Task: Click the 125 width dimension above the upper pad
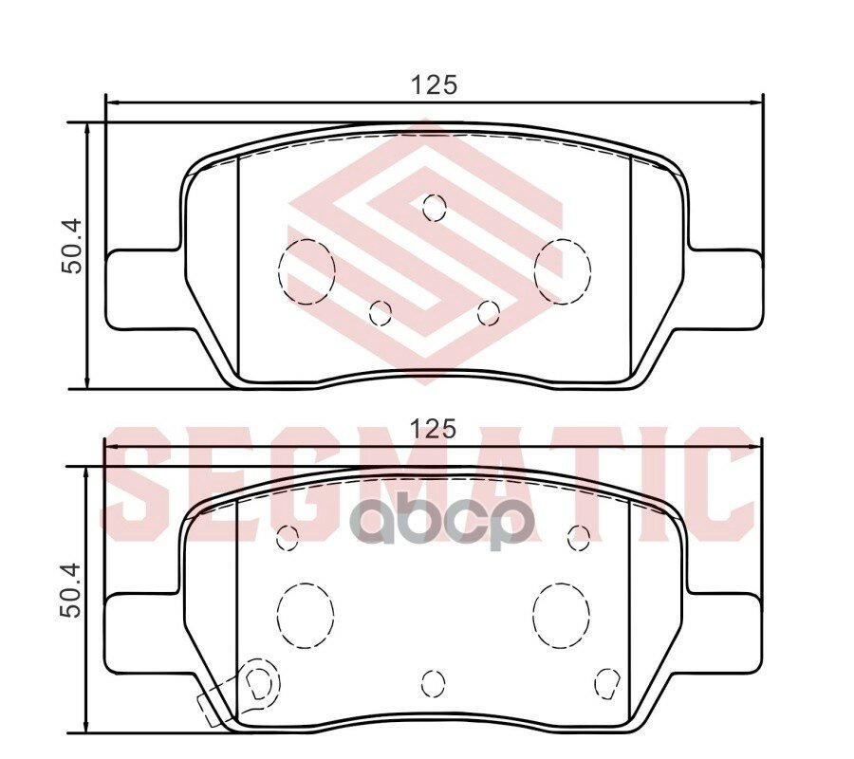434,84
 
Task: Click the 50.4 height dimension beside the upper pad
72,248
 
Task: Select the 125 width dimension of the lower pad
434,428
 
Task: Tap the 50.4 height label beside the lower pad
72,591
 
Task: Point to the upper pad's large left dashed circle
306,271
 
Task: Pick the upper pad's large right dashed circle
562,271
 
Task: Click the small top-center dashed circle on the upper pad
434,207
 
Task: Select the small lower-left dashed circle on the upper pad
381,312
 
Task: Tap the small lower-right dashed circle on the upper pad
489,312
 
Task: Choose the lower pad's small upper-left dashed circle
287,538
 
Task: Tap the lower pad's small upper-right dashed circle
579,538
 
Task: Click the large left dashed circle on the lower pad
306,614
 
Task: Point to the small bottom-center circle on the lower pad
433,682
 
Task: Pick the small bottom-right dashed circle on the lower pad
607,680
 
